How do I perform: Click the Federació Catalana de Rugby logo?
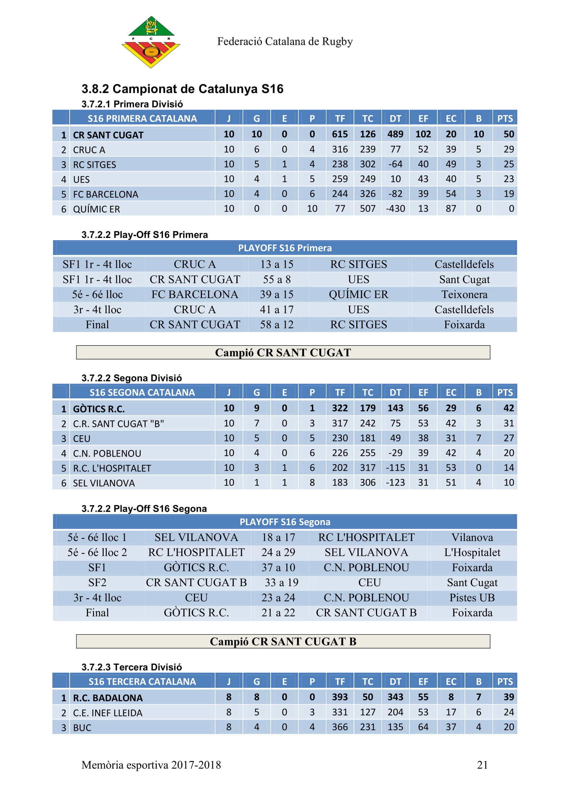tap(151, 42)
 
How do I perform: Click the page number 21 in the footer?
tap(482, 765)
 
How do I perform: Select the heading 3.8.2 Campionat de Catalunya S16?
tap(182, 89)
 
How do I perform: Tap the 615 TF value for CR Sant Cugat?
tap(340, 134)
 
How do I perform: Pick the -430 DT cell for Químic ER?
tap(395, 208)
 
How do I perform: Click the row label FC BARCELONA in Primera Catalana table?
tap(105, 194)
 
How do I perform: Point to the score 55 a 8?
tap(277, 279)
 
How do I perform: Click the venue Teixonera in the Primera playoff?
tap(464, 294)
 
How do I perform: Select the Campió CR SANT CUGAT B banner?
tap(283, 641)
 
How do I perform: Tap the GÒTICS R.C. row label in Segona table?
tap(99, 409)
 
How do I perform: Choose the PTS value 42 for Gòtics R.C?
tap(508, 408)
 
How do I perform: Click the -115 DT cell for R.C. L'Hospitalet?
tap(395, 468)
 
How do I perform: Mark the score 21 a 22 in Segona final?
tap(278, 613)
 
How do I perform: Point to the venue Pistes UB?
tap(472, 598)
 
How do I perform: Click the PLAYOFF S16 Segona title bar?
tap(285, 522)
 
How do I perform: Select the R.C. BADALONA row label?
tap(108, 698)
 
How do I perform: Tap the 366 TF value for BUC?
tap(340, 727)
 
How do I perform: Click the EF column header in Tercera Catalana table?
tap(423, 681)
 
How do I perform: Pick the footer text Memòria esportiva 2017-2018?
tap(151, 765)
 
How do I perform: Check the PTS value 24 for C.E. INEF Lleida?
tap(508, 712)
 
